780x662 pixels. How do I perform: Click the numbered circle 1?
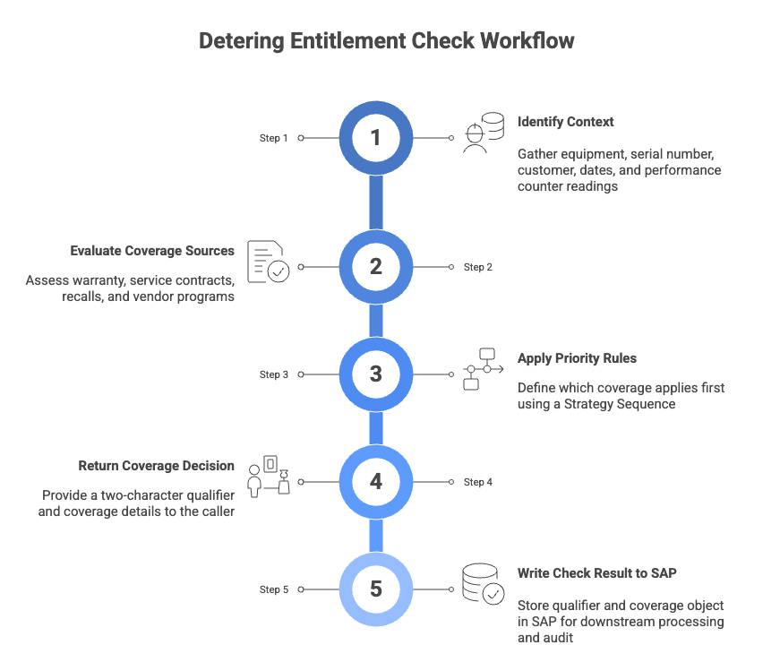coord(376,138)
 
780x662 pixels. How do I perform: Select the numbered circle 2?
coord(376,267)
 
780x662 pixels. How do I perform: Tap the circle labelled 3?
coord(376,374)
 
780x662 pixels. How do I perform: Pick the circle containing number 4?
coord(376,482)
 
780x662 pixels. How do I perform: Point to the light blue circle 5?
coord(376,589)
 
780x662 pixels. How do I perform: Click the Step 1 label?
coord(274,138)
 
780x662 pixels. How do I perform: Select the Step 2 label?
coord(478,267)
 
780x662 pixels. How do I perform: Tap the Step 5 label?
coord(274,589)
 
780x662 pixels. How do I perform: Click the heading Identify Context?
coord(565,122)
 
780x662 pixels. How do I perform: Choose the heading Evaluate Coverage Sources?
coord(152,251)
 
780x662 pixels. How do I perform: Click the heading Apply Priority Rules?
coord(577,358)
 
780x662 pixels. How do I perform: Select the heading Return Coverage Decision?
coord(156,466)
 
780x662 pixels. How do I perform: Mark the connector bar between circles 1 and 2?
coord(376,202)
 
